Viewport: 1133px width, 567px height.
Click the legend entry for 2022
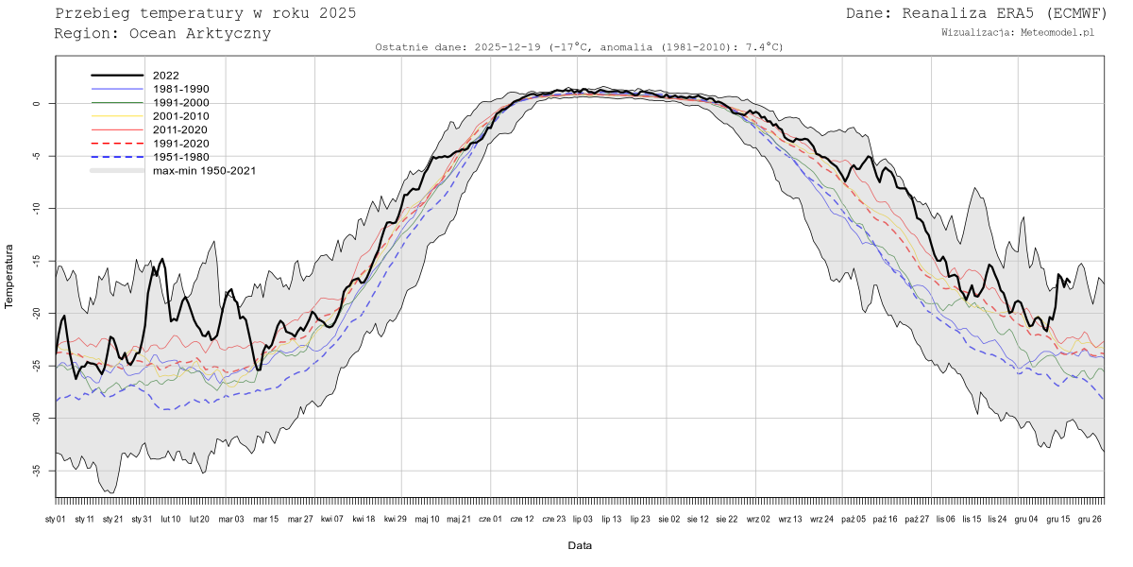[x=165, y=75]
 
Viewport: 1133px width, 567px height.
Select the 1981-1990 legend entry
[x=180, y=89]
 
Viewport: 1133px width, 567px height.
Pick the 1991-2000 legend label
[x=180, y=102]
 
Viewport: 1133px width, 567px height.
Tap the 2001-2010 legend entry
[x=180, y=116]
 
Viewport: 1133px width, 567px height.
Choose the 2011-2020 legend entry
[x=180, y=129]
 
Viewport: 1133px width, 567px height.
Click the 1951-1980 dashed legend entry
[x=180, y=157]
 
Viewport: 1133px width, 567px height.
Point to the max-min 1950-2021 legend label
[x=204, y=171]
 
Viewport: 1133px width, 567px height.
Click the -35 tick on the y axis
[x=36, y=471]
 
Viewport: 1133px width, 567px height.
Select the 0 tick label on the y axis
[x=39, y=104]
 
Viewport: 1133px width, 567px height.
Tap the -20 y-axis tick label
[x=36, y=314]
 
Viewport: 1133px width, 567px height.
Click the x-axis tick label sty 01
[x=56, y=519]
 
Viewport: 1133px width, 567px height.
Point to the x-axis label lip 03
[x=583, y=519]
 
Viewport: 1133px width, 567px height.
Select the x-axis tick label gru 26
[x=1091, y=519]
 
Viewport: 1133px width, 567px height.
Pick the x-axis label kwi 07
[x=332, y=519]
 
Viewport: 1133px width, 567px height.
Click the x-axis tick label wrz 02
[x=758, y=519]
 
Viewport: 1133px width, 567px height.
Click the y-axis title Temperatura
[x=10, y=275]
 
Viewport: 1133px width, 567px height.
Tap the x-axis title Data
[x=580, y=546]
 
